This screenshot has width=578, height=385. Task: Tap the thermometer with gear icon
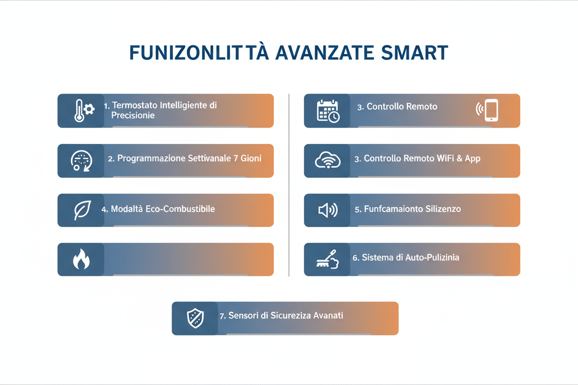83,111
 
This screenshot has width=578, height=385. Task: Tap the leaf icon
82,210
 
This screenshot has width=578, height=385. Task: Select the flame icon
81,260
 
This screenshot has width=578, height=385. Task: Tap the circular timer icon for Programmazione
81,161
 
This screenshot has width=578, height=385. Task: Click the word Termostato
134,105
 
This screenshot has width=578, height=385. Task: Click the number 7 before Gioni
237,158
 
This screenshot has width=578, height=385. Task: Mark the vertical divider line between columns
289,185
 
